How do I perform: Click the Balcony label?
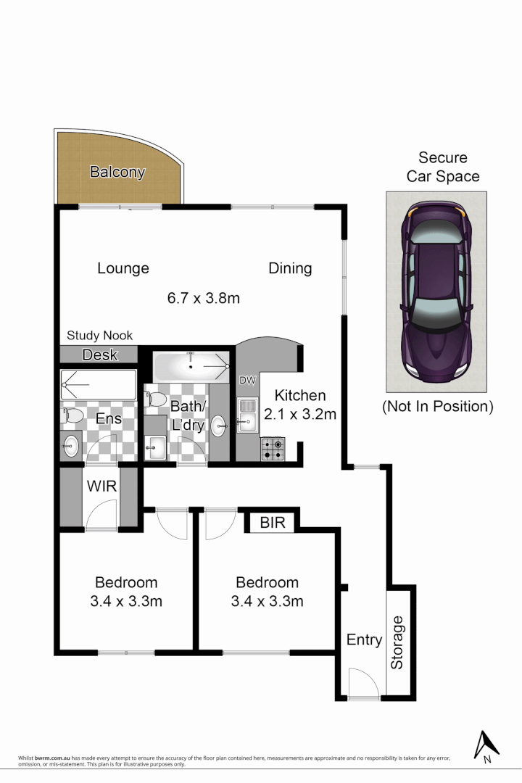[x=117, y=173]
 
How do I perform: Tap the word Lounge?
[x=123, y=268]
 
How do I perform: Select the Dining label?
[x=290, y=268]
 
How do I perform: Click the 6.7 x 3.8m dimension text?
[x=203, y=297]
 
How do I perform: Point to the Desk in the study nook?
[x=99, y=355]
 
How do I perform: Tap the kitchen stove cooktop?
[x=273, y=449]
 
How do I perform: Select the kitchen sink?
[x=246, y=414]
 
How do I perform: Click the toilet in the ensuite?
[x=72, y=415]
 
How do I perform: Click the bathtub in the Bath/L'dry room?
[x=191, y=367]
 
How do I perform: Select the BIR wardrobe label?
[x=272, y=523]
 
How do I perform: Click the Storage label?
[x=397, y=642]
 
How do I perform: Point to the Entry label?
[x=364, y=639]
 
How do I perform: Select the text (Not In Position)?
[x=437, y=406]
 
